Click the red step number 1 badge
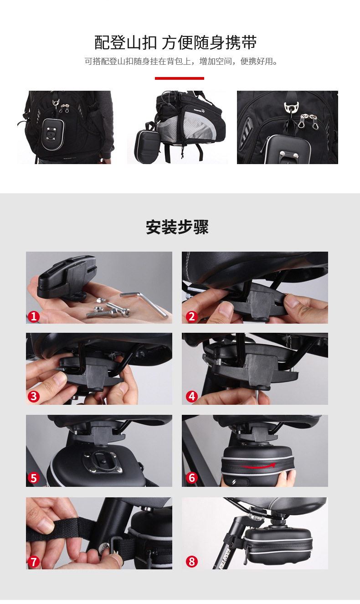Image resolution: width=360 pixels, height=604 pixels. point(34,316)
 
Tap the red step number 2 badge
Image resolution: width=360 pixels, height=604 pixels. point(192,316)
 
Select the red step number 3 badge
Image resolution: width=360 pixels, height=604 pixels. point(34,397)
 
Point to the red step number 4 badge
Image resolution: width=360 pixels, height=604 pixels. point(192,397)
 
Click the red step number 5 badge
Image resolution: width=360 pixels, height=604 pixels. point(34,478)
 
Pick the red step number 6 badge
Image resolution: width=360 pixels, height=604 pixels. point(192,478)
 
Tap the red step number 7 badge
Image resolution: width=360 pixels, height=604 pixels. point(34,562)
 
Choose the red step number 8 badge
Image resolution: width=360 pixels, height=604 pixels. point(192,562)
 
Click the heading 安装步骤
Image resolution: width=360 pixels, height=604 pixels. point(177,227)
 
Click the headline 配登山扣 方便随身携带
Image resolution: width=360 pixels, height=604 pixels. point(175,42)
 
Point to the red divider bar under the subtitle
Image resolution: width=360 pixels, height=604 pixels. point(180,78)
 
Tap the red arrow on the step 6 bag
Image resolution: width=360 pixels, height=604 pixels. point(258,466)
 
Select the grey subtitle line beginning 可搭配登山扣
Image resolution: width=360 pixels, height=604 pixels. point(181,62)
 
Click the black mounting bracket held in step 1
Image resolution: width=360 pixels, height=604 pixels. point(67,276)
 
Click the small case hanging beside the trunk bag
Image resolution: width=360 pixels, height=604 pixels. point(148,144)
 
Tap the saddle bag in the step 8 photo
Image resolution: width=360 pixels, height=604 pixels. point(278,544)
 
